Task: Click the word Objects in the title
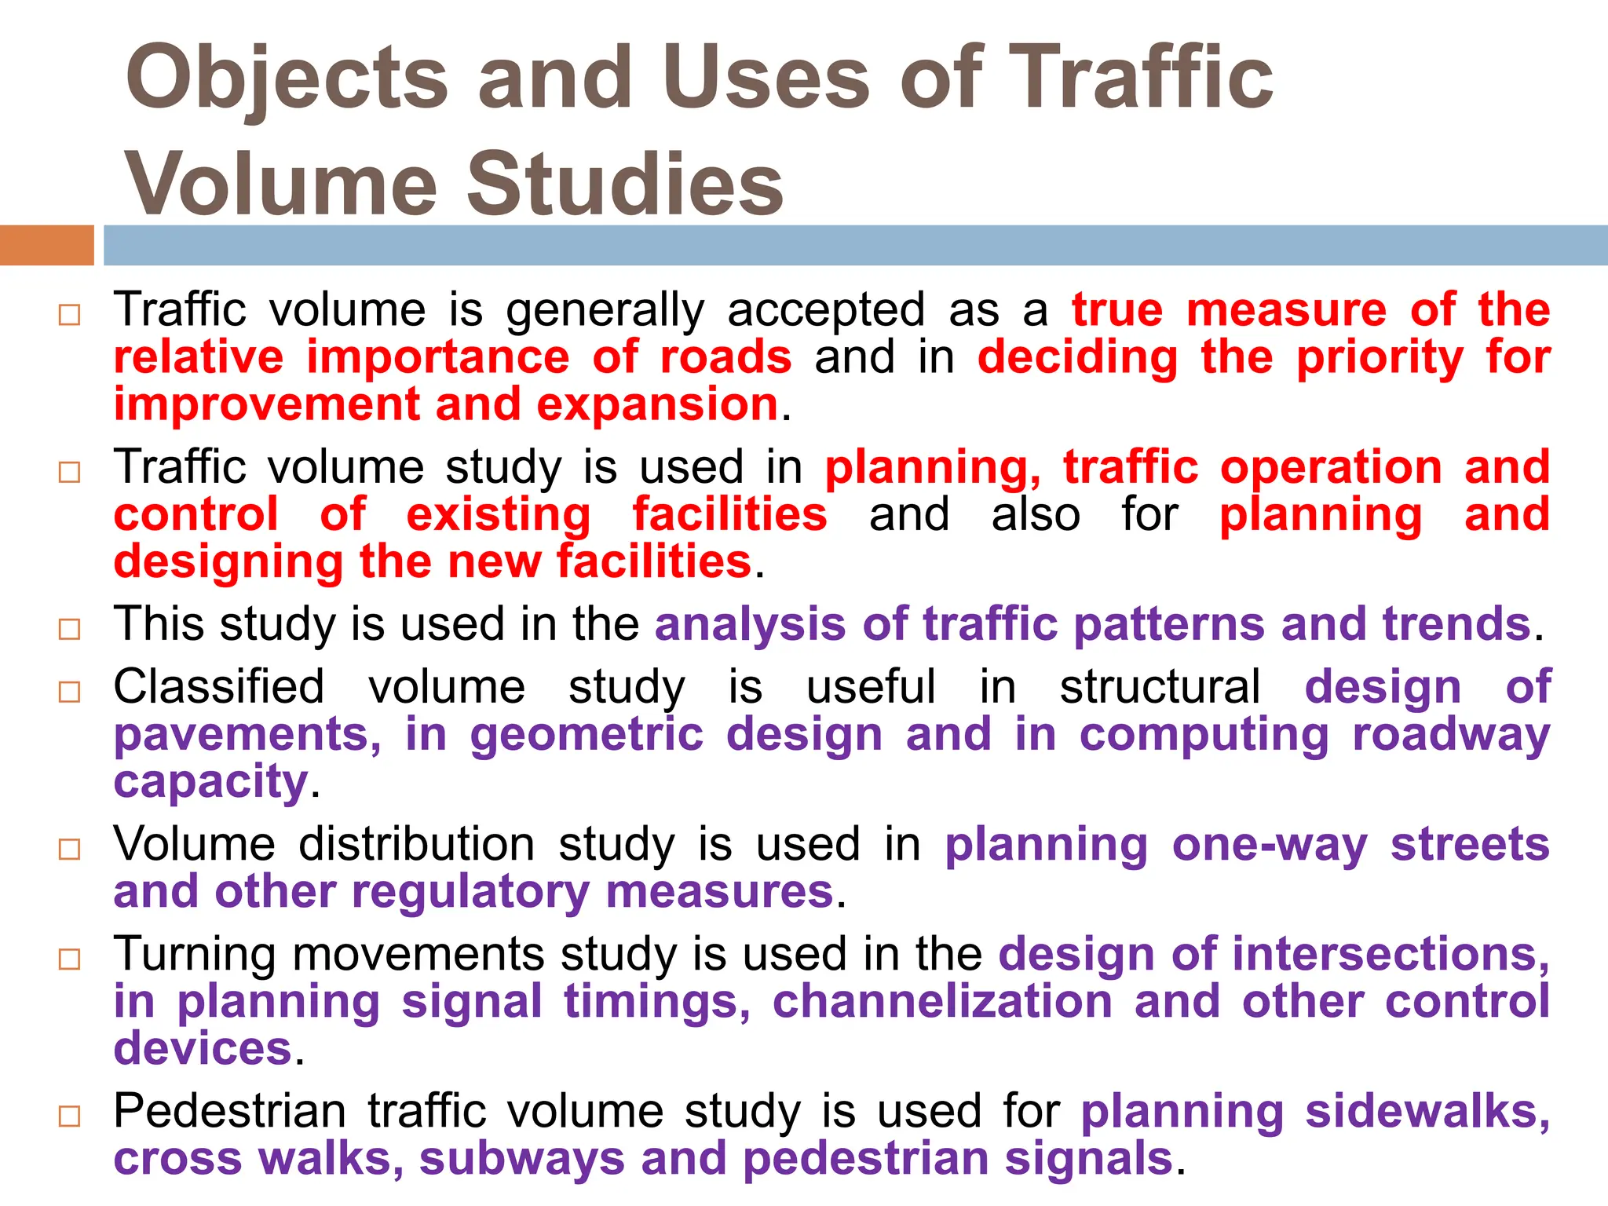[287, 79]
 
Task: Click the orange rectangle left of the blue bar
[46, 245]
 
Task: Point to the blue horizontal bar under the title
[856, 245]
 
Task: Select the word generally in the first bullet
[605, 311]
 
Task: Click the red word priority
[1380, 358]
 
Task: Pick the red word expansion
[657, 404]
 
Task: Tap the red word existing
[499, 515]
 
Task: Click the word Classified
[219, 687]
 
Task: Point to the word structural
[1160, 687]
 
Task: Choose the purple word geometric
[587, 735]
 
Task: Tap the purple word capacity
[210, 783]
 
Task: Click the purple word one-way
[1270, 846]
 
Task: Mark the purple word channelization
[942, 1002]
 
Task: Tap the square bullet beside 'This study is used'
[70, 629]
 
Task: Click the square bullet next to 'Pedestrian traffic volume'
[70, 1116]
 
